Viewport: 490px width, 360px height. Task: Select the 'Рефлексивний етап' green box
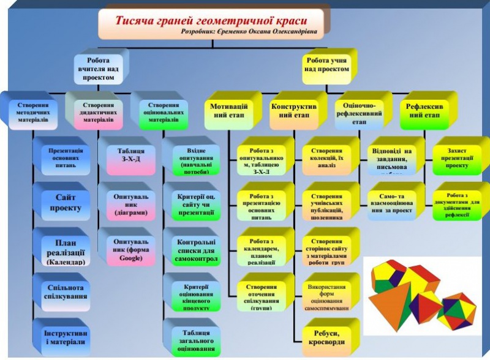click(424, 111)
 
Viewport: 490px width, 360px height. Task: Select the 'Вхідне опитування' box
click(192, 158)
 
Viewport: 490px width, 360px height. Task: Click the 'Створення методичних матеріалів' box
click(34, 111)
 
